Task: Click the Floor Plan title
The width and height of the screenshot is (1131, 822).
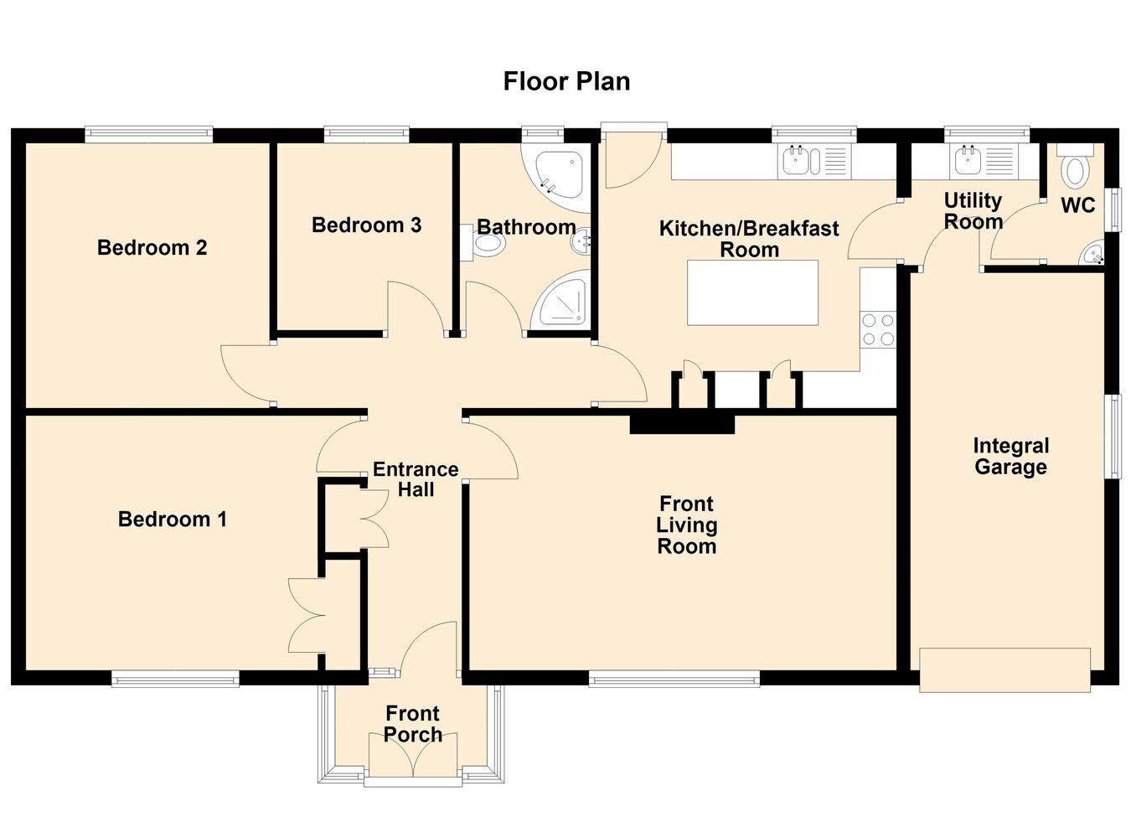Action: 566,82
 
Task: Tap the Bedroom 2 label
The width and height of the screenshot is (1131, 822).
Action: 152,247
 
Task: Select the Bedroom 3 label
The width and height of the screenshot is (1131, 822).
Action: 367,225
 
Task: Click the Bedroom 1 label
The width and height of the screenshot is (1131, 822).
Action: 173,519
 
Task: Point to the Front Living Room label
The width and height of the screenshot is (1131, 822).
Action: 687,525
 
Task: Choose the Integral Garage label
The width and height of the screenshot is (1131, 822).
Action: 1011,457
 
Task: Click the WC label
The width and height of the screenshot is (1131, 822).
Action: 1078,205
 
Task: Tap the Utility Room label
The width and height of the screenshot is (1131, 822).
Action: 973,211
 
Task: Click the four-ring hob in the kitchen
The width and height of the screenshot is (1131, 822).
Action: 878,329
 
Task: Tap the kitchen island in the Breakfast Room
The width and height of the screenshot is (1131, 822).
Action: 753,292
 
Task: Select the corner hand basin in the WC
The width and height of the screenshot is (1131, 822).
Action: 1092,252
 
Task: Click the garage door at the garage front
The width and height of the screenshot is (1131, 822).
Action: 1004,670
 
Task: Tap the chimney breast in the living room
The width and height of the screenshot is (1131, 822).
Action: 682,424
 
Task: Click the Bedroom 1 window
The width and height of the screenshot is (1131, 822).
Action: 175,679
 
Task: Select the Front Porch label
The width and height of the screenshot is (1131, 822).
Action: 413,724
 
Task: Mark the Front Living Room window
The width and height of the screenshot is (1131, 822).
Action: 674,679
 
